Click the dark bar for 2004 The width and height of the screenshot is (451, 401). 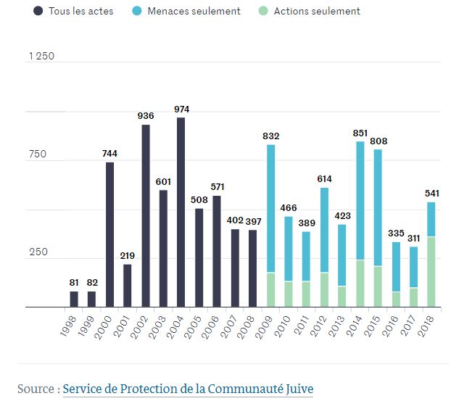(x=181, y=212)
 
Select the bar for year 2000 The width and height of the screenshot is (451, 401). (x=109, y=234)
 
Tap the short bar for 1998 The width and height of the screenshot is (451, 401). (x=74, y=299)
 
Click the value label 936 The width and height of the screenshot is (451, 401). (x=145, y=115)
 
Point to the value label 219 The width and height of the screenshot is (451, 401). (x=127, y=255)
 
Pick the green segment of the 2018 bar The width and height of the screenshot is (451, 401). (x=431, y=272)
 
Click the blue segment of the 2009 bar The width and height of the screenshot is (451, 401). (x=270, y=209)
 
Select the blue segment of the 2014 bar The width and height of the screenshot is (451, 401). (x=360, y=201)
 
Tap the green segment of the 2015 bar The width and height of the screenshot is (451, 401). (x=377, y=286)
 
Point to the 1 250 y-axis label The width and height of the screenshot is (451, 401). (x=41, y=57)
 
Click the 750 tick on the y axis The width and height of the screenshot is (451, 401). (x=38, y=154)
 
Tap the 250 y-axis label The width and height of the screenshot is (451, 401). (x=38, y=252)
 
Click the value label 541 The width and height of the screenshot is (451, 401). (x=431, y=193)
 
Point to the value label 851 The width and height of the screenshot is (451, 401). (x=360, y=132)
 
